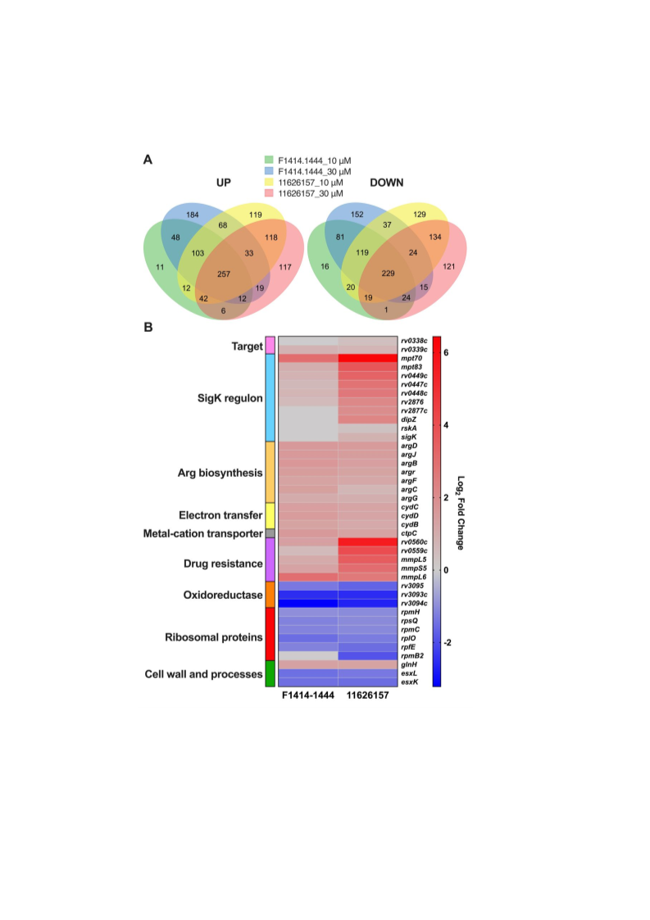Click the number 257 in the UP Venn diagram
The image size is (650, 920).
tap(224, 274)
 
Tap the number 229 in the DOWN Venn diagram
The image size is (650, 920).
tap(389, 274)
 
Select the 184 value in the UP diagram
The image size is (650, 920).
tap(193, 215)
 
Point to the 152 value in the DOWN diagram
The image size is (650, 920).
tap(357, 214)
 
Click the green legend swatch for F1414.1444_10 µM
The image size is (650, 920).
tap(269, 160)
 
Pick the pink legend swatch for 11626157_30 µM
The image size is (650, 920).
tap(269, 193)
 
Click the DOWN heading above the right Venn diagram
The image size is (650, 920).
tap(386, 183)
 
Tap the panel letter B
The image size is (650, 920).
tap(148, 328)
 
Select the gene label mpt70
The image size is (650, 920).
tap(411, 358)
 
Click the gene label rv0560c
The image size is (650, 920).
tap(414, 542)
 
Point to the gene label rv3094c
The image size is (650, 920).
tap(414, 603)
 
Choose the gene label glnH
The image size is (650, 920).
tap(409, 664)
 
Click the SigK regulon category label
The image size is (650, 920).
tap(230, 398)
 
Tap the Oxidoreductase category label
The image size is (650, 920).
tap(223, 595)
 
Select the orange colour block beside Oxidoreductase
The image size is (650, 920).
tap(270, 595)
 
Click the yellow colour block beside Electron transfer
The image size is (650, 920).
tap(270, 516)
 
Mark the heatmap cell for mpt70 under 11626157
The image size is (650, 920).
tap(368, 358)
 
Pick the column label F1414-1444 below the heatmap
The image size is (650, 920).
tap(308, 696)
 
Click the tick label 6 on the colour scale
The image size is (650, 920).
tap(446, 352)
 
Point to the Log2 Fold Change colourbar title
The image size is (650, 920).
tap(461, 513)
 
